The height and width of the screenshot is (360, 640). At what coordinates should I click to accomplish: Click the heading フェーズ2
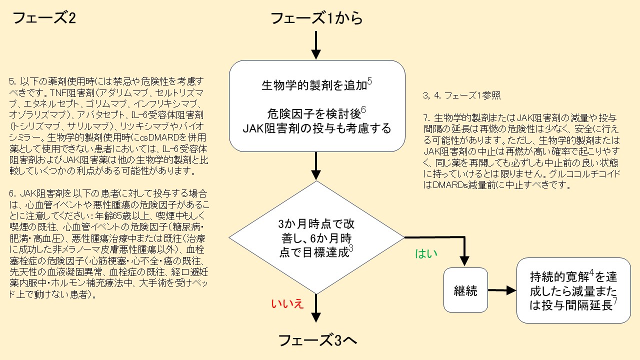click(44, 19)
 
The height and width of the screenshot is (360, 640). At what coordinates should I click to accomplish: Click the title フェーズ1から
click(316, 18)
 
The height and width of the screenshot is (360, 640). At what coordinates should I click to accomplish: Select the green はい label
click(426, 253)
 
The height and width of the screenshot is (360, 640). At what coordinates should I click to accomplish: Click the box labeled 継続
click(465, 290)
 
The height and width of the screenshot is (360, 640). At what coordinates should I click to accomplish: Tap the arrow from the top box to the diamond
click(316, 165)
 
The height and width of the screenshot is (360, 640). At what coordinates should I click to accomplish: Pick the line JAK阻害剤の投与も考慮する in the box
click(316, 128)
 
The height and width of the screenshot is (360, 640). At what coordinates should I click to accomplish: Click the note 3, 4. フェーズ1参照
click(462, 95)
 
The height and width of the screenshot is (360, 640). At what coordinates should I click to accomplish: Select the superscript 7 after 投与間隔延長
click(615, 301)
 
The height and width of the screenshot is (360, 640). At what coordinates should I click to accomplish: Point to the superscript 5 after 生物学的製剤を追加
click(369, 80)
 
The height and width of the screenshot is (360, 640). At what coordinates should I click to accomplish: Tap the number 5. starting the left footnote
click(13, 80)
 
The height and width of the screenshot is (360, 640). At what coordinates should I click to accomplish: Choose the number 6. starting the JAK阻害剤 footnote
click(13, 192)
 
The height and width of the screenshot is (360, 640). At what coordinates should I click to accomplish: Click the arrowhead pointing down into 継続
click(465, 261)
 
